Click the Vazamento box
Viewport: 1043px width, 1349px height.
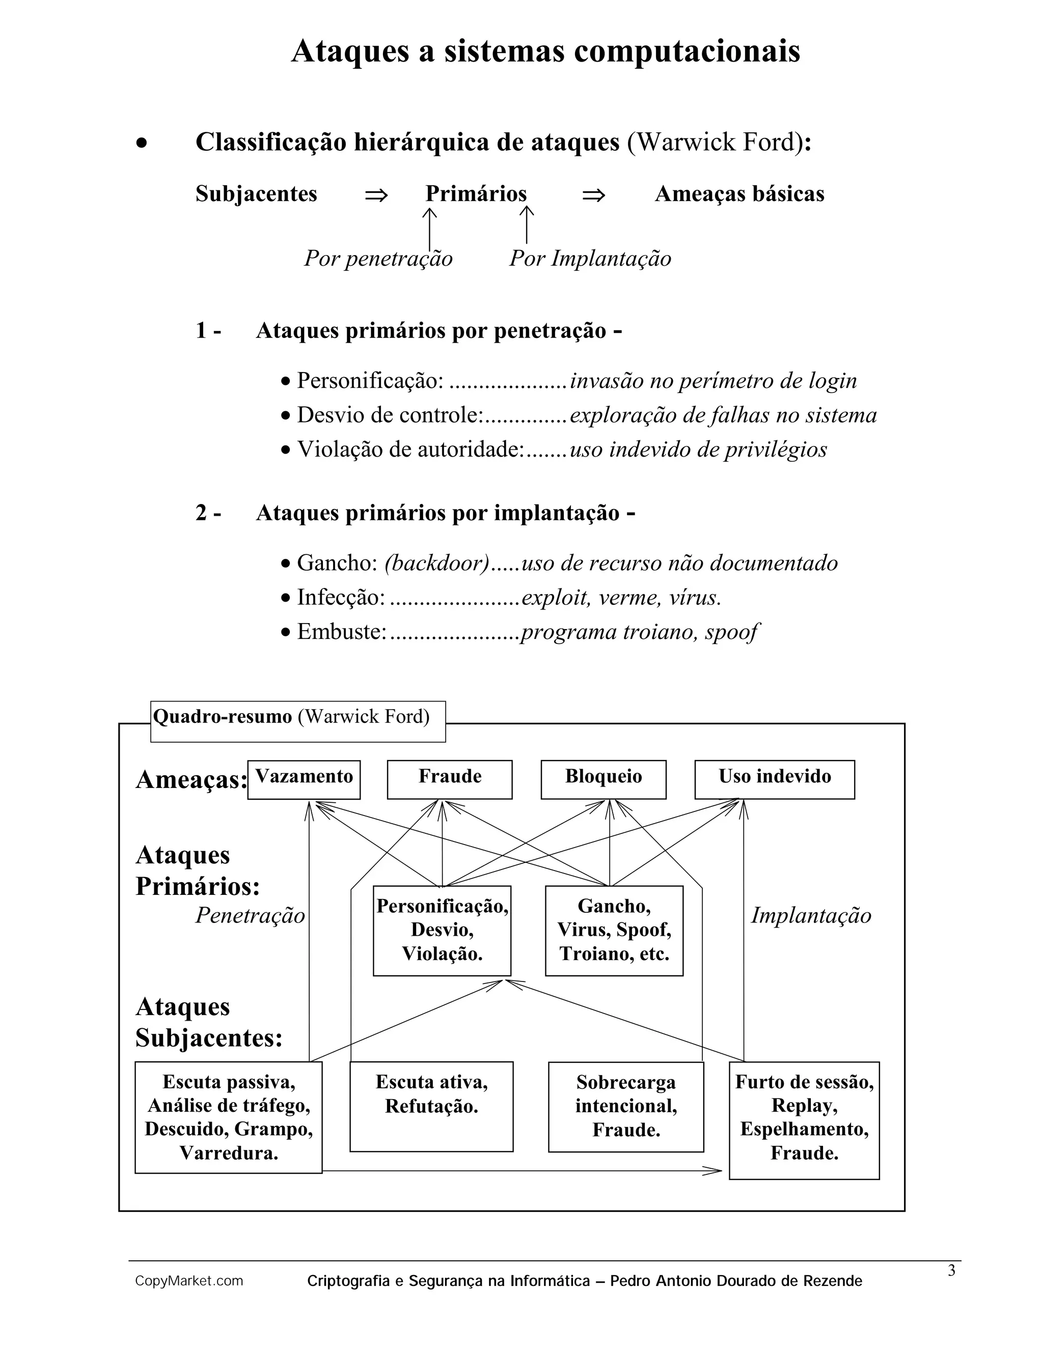coord(304,779)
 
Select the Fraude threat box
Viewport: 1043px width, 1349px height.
coord(449,779)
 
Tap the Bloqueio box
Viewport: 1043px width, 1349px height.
coord(603,779)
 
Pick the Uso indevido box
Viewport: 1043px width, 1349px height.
coord(774,779)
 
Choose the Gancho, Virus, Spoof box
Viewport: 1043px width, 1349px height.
coord(614,930)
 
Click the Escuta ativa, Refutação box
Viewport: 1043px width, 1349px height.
coord(431,1106)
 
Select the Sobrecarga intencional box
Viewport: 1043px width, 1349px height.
coord(625,1106)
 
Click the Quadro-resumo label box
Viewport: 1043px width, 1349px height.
coord(298,721)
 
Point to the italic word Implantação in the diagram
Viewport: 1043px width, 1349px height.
coord(811,915)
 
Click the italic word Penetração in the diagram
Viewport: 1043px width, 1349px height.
coord(250,915)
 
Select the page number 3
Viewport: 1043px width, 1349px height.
coord(951,1271)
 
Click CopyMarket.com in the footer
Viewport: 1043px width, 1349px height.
coord(189,1281)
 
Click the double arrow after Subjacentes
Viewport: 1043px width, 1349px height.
coord(376,195)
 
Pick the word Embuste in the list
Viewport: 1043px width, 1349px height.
coord(341,632)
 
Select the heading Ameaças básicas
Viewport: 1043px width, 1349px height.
coord(739,194)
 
